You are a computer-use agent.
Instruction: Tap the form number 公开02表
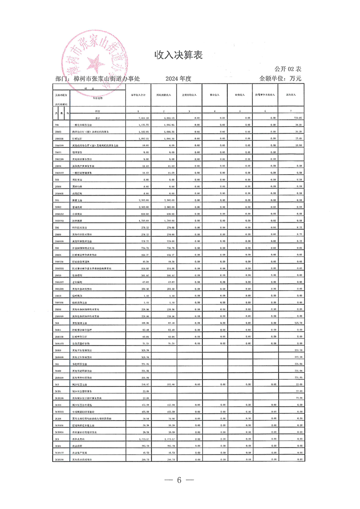point(288,69)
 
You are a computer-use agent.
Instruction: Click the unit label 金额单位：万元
point(280,78)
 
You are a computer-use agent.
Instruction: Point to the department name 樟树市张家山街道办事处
point(106,78)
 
